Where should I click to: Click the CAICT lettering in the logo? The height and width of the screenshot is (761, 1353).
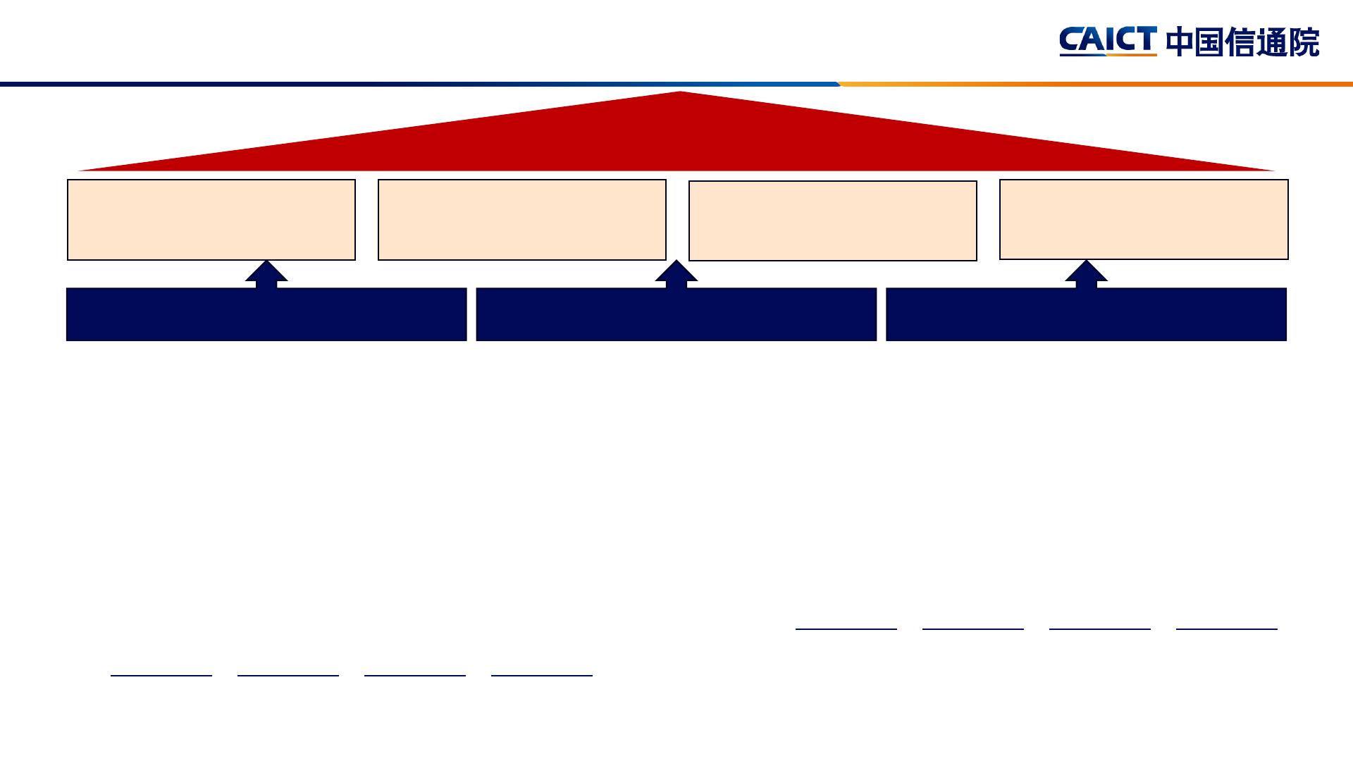(1108, 39)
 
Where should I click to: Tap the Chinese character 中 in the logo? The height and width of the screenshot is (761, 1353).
(1180, 42)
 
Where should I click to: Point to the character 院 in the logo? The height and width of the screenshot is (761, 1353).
(1305, 42)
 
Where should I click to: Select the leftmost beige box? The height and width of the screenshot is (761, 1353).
(211, 220)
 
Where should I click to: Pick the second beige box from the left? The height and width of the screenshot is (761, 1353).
(522, 220)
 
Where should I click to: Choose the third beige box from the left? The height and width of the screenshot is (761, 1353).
(833, 221)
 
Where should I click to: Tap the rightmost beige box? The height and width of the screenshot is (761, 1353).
(1144, 219)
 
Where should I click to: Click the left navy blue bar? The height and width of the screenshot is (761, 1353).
(266, 314)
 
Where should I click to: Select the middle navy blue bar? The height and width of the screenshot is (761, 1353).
(676, 314)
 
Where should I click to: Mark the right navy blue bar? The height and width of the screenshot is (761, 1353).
(1086, 314)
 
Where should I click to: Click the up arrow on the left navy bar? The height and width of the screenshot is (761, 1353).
(266, 274)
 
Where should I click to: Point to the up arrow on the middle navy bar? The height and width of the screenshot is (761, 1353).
(676, 274)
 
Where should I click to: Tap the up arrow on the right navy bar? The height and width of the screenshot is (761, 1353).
(1086, 274)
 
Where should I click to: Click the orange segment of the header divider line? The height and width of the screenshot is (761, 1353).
(1096, 85)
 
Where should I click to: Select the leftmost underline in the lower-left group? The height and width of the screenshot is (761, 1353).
(161, 675)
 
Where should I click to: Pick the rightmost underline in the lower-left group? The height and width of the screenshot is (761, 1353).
(542, 675)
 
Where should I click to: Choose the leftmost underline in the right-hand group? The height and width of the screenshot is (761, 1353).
(846, 629)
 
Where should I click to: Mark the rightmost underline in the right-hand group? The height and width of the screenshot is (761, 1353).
(1227, 629)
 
